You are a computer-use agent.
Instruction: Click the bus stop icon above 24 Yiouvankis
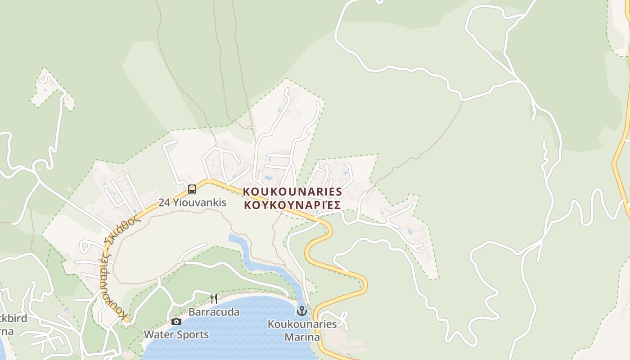coord(192,189)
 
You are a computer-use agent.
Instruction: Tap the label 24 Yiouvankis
coord(192,202)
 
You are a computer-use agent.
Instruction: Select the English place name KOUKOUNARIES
coord(292,192)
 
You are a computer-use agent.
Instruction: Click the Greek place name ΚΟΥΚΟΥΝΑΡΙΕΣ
coord(292,205)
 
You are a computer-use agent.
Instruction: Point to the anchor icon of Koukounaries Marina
coord(302,311)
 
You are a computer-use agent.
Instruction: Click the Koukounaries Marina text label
coord(302,330)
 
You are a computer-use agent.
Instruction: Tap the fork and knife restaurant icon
coord(214,298)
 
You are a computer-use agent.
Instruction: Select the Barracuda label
coord(214,312)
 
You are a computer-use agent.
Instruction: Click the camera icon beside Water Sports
coord(176,321)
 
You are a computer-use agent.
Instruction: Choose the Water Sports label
coord(176,335)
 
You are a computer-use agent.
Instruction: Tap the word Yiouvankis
coord(199,202)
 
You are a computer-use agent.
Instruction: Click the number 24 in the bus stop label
coord(163,202)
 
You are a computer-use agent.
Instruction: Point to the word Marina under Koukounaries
coord(302,337)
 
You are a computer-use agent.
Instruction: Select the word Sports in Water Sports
coord(192,335)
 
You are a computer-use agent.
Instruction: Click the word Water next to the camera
coord(158,335)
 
